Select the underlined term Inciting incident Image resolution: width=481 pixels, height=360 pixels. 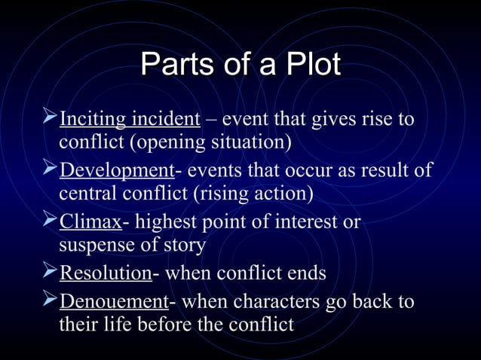(x=130, y=120)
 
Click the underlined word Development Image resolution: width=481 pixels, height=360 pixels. (x=117, y=169)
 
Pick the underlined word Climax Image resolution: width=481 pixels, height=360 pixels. (x=90, y=222)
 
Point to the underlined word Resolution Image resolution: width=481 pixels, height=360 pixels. (x=106, y=273)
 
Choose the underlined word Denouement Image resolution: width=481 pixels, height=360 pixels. (x=114, y=302)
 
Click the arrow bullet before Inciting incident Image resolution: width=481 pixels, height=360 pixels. (x=50, y=117)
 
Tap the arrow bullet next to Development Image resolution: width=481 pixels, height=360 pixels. (x=50, y=168)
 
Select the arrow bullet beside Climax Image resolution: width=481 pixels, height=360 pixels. (x=50, y=221)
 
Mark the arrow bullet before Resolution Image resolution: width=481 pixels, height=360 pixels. (x=50, y=271)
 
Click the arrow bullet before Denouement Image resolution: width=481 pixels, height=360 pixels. (x=50, y=301)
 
